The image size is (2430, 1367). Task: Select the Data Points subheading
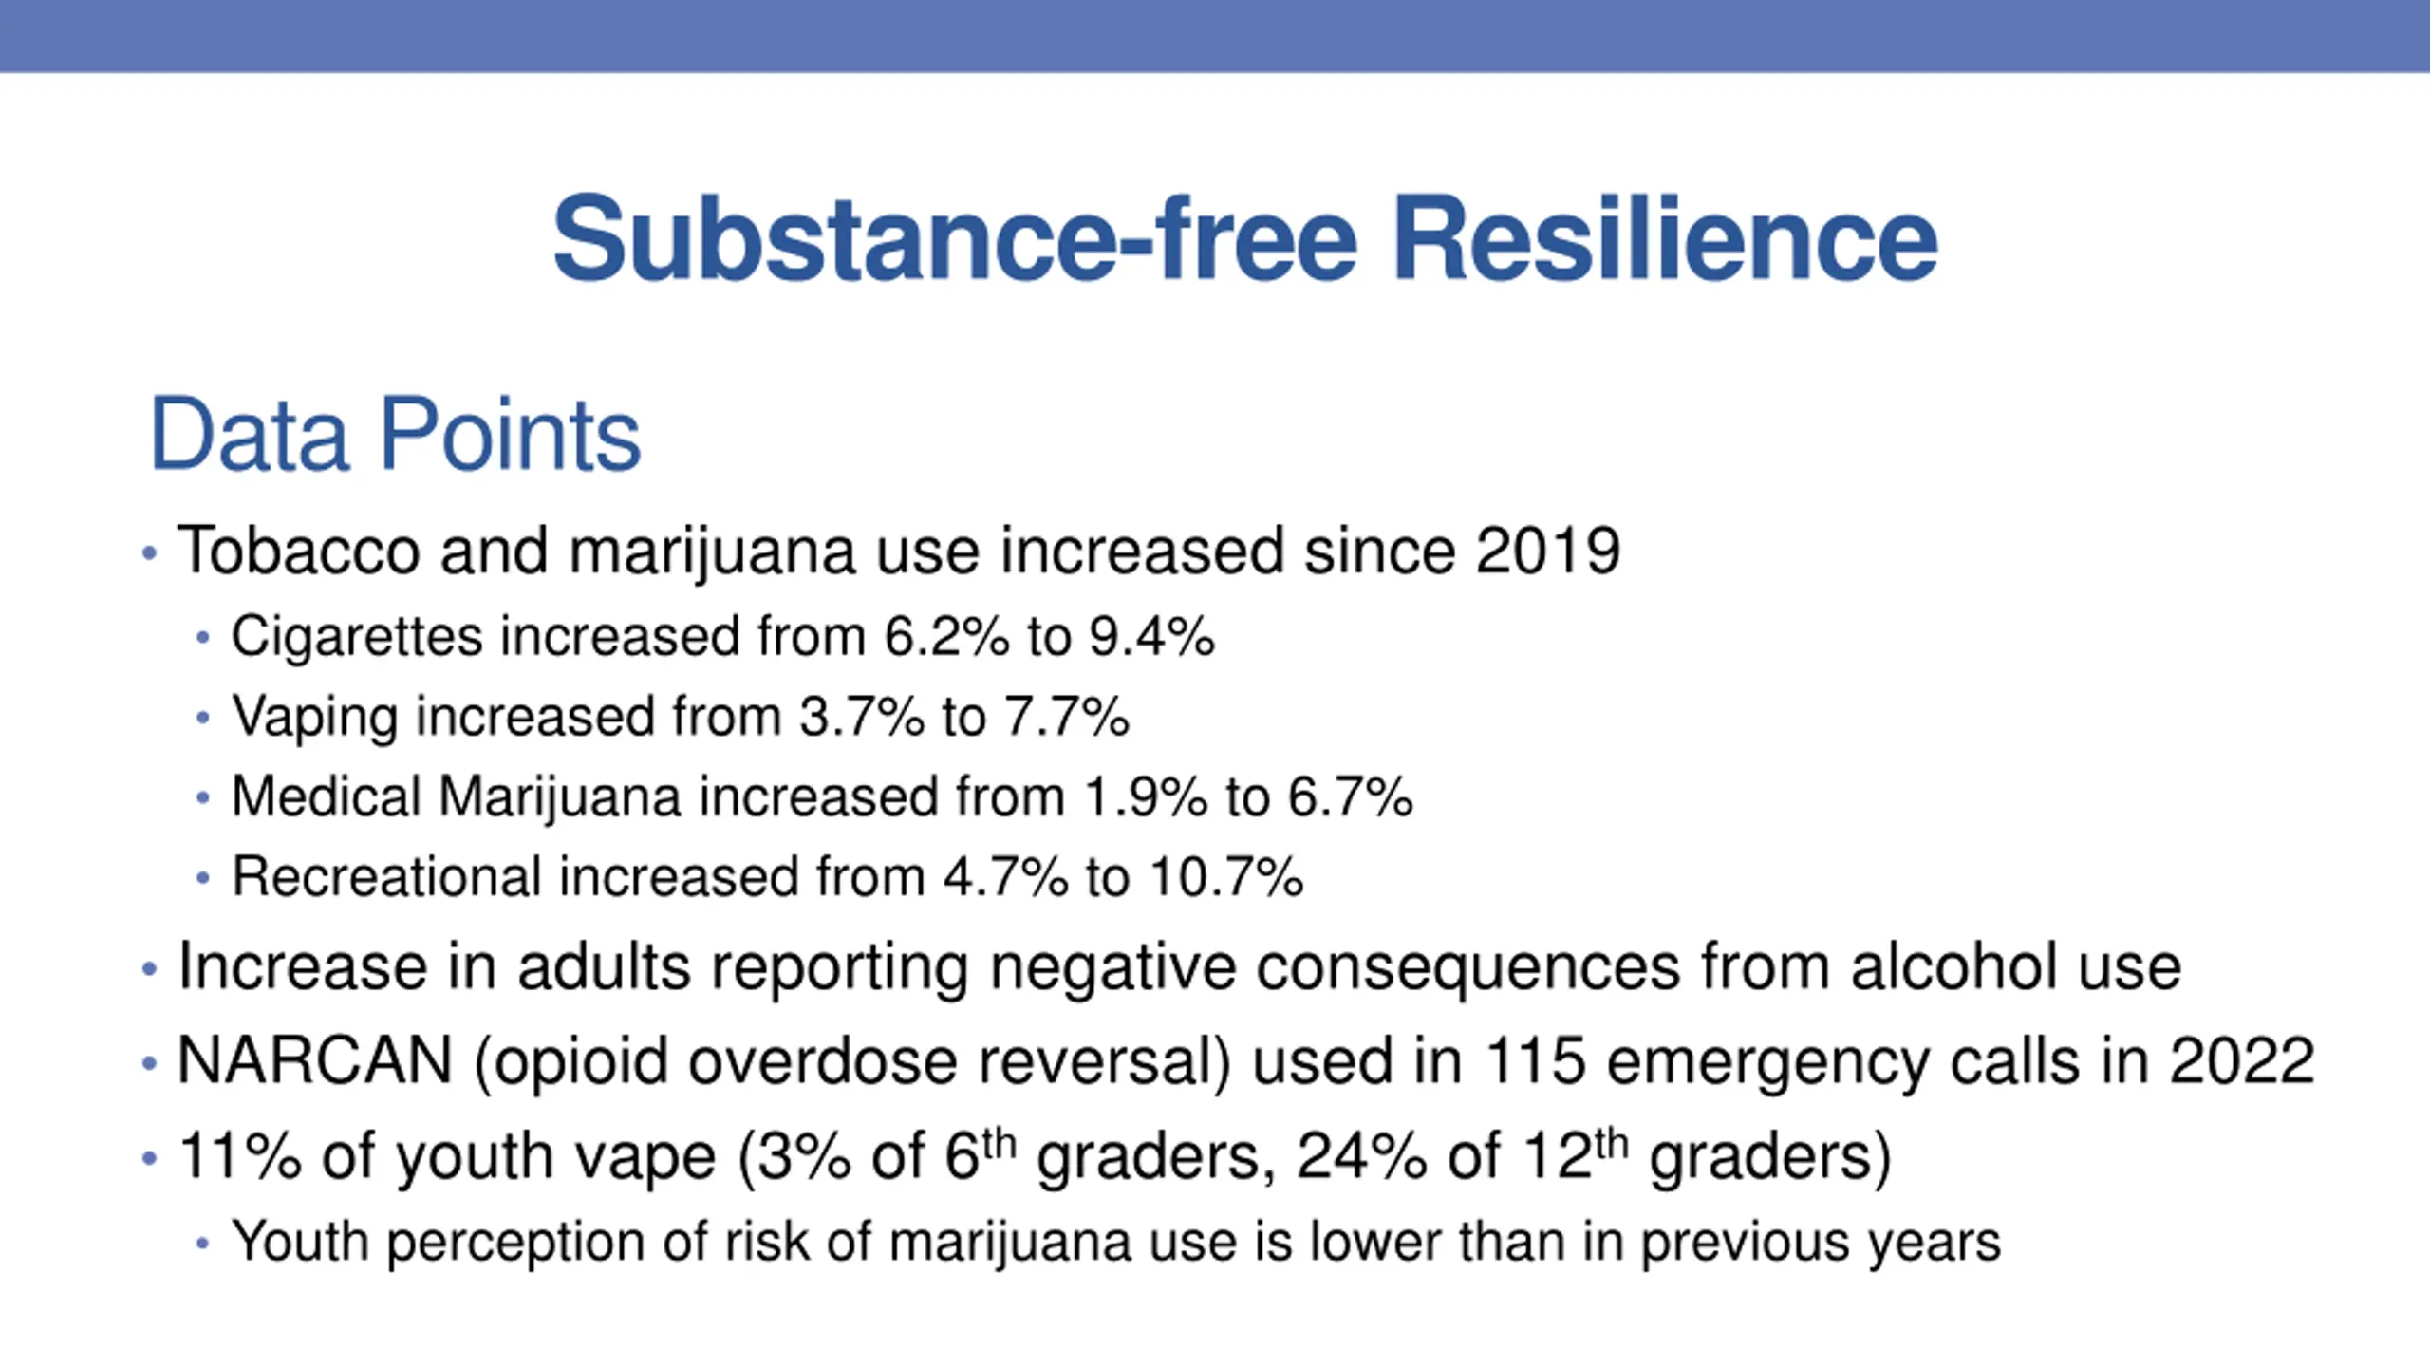tap(395, 435)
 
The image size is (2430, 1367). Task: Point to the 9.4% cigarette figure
tap(1151, 636)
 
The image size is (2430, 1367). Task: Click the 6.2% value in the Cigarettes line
tap(946, 636)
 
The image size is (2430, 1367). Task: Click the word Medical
tap(327, 796)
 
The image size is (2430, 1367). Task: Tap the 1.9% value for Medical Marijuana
tap(1145, 796)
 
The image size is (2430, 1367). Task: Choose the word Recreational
tap(387, 876)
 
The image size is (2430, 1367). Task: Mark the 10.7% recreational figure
tap(1225, 876)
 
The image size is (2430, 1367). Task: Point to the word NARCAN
tap(314, 1060)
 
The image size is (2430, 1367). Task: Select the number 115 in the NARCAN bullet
tap(1535, 1060)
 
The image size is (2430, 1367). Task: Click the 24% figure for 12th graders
tap(1361, 1156)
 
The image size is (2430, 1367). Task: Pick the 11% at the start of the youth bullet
tap(239, 1156)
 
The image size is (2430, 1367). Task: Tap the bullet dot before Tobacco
tap(148, 552)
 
